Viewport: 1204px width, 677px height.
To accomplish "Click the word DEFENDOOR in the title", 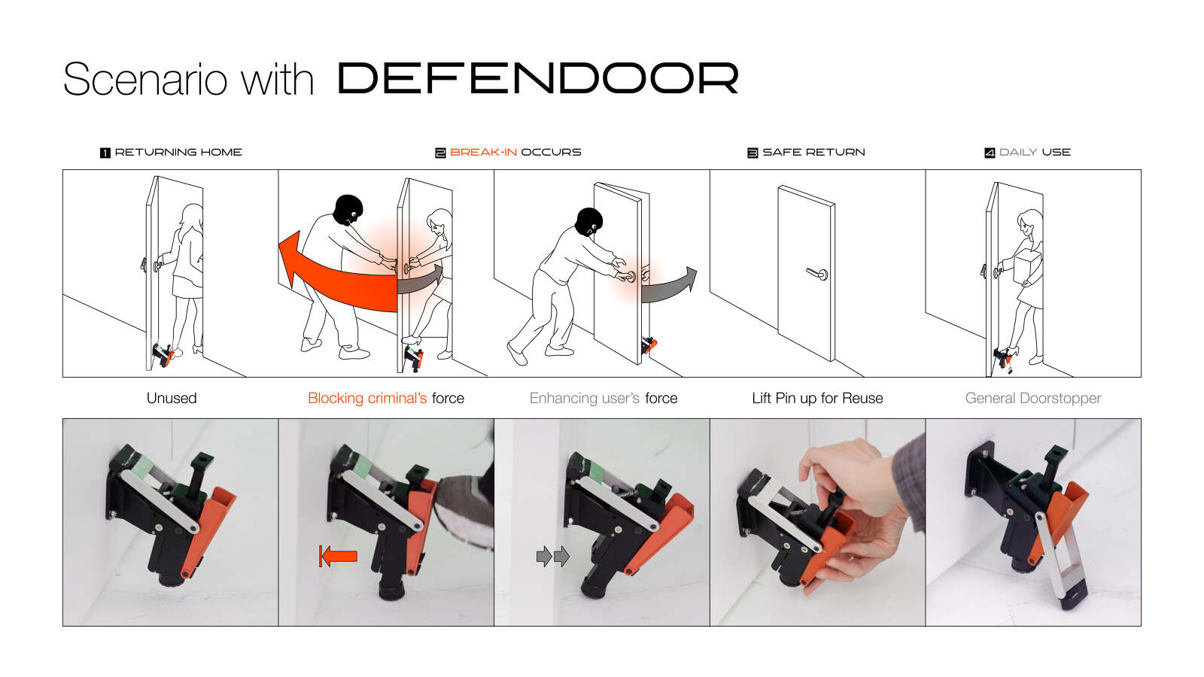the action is click(537, 78).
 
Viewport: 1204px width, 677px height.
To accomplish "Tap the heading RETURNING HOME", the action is click(178, 153).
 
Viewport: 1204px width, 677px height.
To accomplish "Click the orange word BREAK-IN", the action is click(483, 153).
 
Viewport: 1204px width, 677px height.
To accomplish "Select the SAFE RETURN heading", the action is click(813, 153).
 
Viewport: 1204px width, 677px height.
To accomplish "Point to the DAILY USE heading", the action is click(1035, 153).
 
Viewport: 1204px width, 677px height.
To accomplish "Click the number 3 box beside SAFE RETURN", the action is click(752, 153).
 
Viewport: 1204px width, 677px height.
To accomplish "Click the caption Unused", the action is click(172, 398).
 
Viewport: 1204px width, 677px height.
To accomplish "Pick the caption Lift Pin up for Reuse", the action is click(817, 399).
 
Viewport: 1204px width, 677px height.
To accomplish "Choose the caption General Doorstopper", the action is click(1033, 399).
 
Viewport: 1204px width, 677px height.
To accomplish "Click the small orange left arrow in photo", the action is click(338, 556).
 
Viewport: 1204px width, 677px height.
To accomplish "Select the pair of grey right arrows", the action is click(552, 556).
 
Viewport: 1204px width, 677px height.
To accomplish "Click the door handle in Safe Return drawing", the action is click(818, 274).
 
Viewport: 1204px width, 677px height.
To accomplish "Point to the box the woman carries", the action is click(1026, 268).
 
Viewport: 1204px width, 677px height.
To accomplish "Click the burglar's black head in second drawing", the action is click(348, 210).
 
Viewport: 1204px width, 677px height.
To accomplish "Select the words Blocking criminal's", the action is click(367, 398).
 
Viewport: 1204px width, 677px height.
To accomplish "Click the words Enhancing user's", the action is click(584, 398).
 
